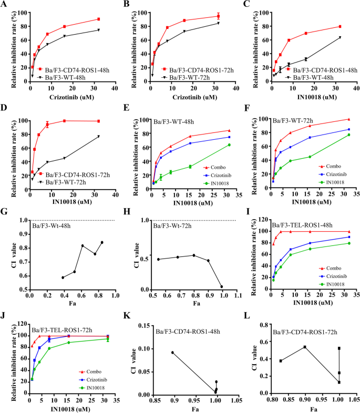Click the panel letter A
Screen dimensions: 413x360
(5, 4)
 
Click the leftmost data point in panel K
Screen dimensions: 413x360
(172, 353)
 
